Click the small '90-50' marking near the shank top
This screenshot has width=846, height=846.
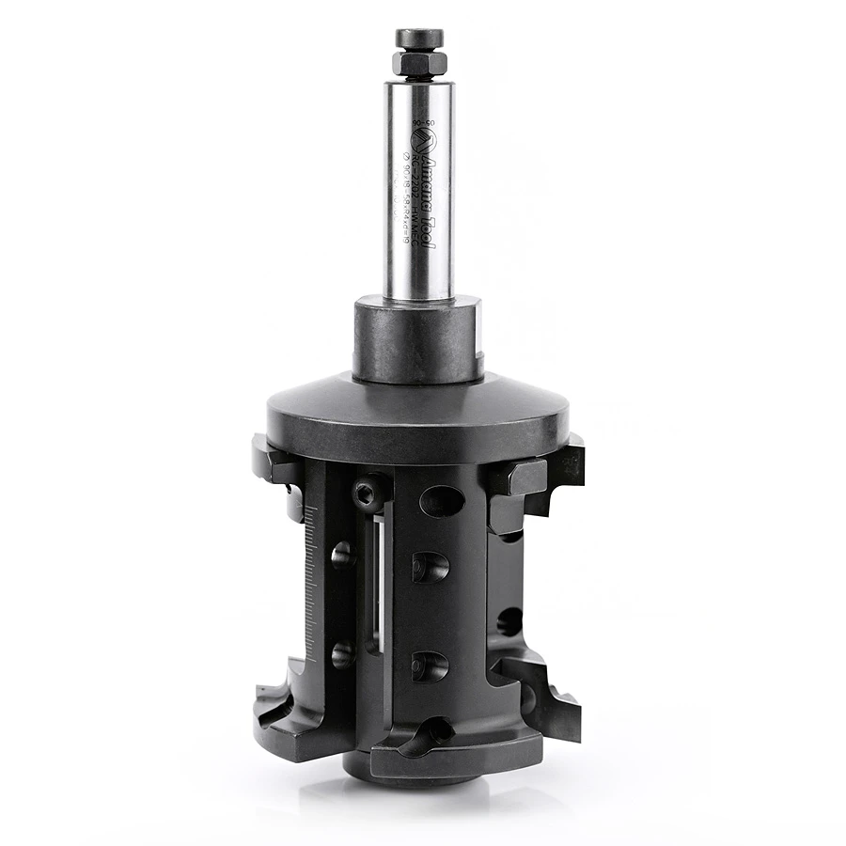pyautogui.click(x=431, y=123)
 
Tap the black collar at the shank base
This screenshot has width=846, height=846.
pyautogui.click(x=416, y=338)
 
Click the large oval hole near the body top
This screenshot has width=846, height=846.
pyautogui.click(x=442, y=500)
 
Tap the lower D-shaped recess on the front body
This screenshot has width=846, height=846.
pyautogui.click(x=430, y=665)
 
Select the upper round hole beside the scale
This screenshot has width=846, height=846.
pyautogui.click(x=342, y=555)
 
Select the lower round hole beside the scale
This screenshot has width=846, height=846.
pyautogui.click(x=342, y=653)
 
